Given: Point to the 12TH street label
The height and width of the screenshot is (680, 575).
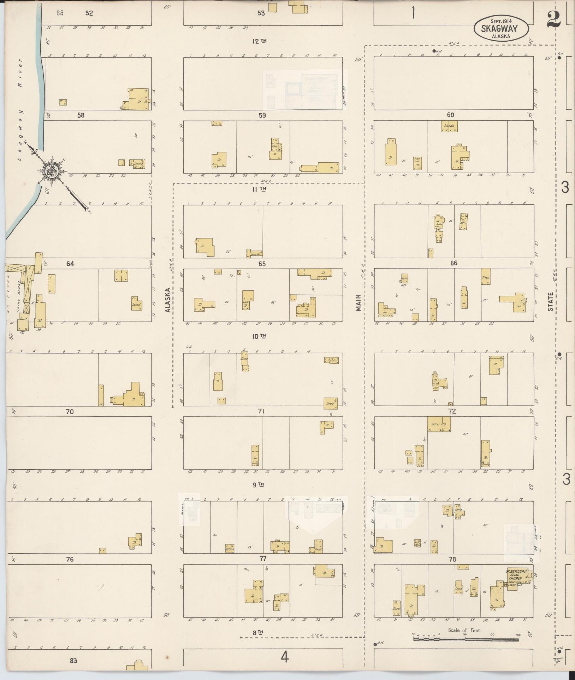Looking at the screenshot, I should (259, 41).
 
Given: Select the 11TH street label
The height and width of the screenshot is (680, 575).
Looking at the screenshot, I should (259, 189).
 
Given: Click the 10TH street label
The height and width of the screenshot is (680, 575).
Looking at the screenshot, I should (259, 336).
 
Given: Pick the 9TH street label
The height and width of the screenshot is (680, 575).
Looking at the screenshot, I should (259, 485).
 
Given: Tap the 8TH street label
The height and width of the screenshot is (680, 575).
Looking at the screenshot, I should (258, 633).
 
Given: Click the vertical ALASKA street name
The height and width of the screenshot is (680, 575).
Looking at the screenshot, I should (168, 300).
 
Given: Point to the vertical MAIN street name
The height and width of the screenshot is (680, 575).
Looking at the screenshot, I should (359, 303).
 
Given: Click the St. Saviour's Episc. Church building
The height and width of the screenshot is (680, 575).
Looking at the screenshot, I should (517, 580).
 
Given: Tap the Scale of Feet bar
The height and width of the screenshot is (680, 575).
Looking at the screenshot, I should (466, 639).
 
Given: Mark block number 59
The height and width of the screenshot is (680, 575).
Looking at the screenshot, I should (262, 115).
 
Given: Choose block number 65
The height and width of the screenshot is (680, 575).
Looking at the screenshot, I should (262, 264).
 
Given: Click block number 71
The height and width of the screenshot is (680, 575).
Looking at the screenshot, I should (261, 411).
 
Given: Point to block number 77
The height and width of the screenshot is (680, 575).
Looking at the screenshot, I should (262, 559).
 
